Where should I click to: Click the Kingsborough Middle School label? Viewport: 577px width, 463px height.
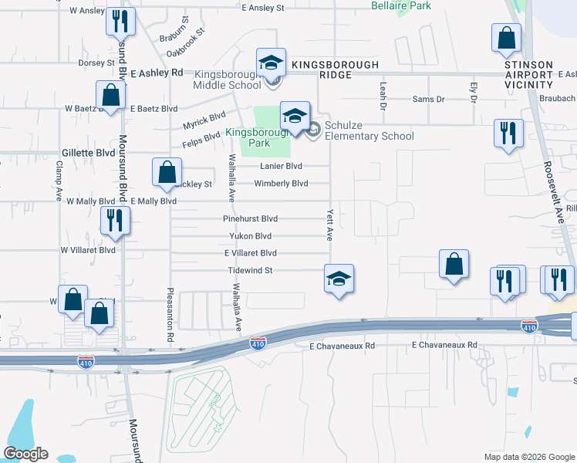pyautogui.click(x=228, y=79)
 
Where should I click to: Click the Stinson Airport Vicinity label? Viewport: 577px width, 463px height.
pyautogui.click(x=528, y=74)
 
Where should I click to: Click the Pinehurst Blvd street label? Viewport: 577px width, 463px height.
pyautogui.click(x=250, y=219)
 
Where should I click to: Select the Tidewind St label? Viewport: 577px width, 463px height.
pyautogui.click(x=251, y=270)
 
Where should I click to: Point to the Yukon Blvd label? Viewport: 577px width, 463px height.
pyautogui.click(x=250, y=236)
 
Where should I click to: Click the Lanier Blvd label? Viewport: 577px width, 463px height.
pyautogui.click(x=281, y=166)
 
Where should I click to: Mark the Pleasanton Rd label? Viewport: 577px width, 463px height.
pyautogui.click(x=170, y=314)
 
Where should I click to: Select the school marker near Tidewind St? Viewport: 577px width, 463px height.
pyautogui.click(x=338, y=278)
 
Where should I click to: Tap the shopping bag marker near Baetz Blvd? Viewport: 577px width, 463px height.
pyautogui.click(x=111, y=96)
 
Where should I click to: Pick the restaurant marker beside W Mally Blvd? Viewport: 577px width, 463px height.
pyautogui.click(x=114, y=221)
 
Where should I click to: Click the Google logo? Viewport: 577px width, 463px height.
pyautogui.click(x=25, y=454)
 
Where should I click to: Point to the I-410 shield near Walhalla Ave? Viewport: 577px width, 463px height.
pyautogui.click(x=258, y=343)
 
